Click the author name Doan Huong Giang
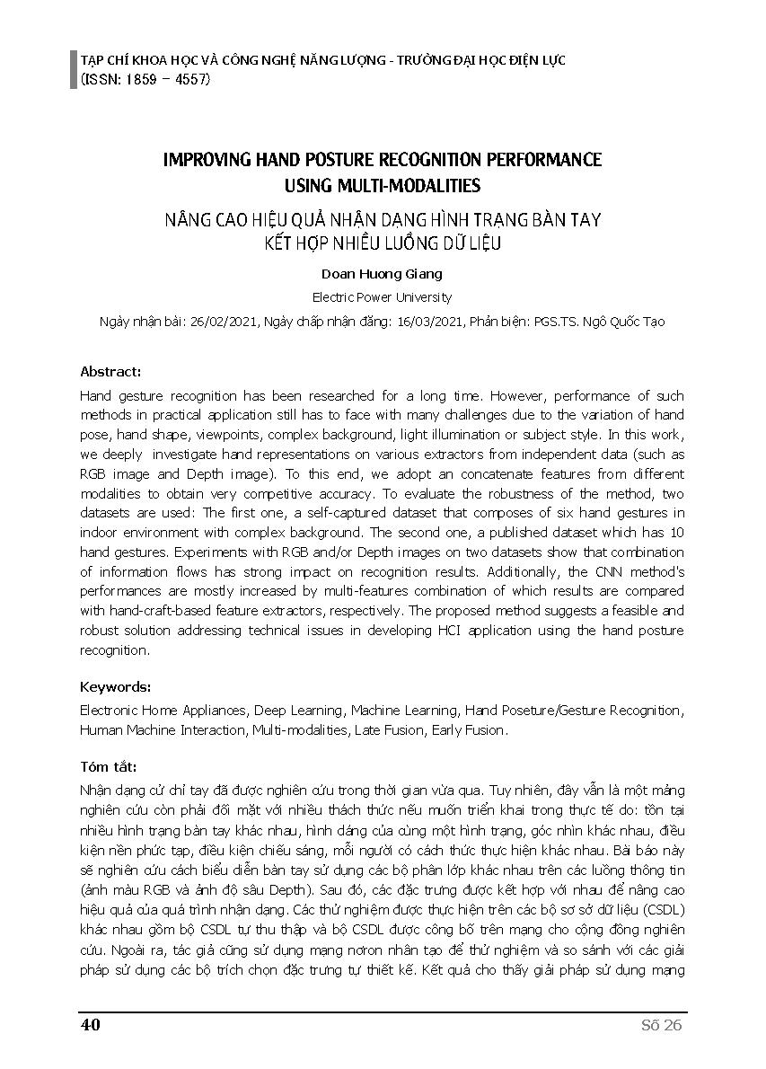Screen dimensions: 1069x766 (x=382, y=274)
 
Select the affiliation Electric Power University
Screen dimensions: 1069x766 (x=382, y=297)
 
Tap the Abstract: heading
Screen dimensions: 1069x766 (x=110, y=371)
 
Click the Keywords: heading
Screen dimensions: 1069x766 (x=116, y=687)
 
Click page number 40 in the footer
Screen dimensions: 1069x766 (x=90, y=1026)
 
